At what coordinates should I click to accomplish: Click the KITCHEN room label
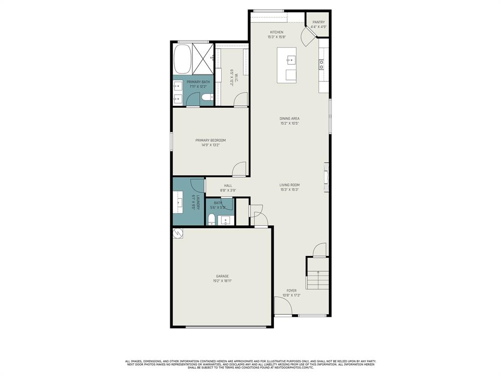[x=276, y=32]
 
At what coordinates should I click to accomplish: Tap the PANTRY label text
[x=319, y=22]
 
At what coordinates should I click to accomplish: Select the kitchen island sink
[x=292, y=60]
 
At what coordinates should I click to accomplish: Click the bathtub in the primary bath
[x=182, y=59]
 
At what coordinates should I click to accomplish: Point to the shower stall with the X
[x=203, y=59]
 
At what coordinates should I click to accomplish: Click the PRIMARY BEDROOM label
[x=210, y=141]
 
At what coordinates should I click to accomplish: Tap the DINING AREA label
[x=290, y=118]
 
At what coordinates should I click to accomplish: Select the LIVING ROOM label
[x=290, y=185]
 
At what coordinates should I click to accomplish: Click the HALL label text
[x=228, y=186]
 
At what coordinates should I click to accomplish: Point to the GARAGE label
[x=223, y=276]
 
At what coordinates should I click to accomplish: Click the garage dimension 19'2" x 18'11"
[x=223, y=281]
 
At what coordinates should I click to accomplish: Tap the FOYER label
[x=292, y=291]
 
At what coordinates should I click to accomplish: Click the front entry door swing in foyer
[x=283, y=307]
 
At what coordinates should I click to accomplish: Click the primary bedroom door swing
[x=239, y=169]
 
